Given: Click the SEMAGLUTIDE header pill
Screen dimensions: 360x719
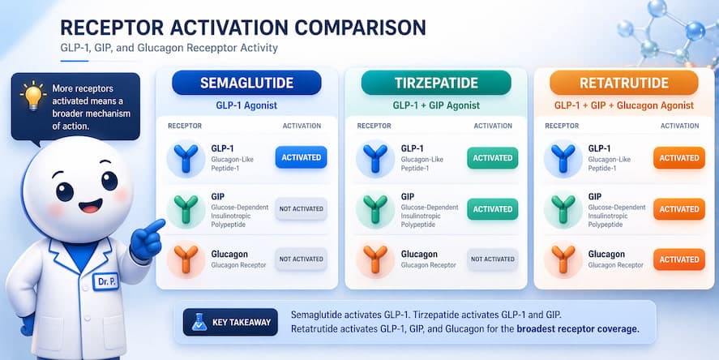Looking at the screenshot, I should click(246, 83).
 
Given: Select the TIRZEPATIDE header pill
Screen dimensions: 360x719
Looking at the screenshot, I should click(436, 83).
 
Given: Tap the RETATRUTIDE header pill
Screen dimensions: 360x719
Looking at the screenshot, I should click(623, 83).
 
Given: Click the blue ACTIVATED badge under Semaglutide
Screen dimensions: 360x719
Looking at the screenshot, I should click(301, 157).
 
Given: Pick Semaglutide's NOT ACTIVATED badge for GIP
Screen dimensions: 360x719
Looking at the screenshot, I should click(301, 208).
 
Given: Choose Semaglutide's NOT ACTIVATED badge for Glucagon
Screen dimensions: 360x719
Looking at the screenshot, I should click(301, 259).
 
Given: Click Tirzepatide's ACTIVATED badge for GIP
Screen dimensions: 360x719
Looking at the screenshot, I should click(492, 208).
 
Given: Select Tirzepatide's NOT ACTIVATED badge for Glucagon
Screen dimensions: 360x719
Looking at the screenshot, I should click(492, 259).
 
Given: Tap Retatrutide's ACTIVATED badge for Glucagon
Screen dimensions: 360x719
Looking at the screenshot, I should click(679, 259).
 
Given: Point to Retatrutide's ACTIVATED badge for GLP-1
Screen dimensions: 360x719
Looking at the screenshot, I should click(679, 158).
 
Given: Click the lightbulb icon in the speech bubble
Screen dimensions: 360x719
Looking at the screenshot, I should click(32, 95).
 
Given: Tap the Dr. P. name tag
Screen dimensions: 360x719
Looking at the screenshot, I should click(105, 281).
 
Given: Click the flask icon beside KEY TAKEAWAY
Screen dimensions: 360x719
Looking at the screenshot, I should click(196, 322).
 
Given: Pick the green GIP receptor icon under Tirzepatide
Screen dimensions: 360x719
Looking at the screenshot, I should click(375, 208).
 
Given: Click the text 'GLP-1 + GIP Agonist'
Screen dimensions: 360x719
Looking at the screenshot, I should click(436, 105).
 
